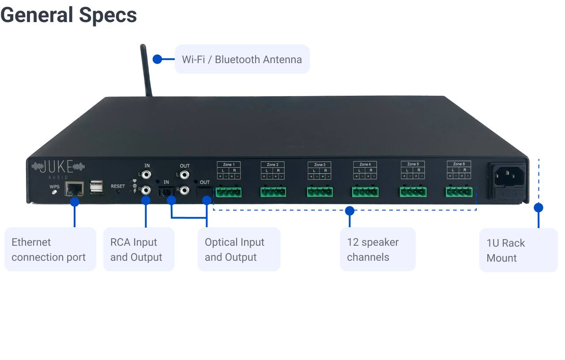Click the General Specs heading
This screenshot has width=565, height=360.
tap(68, 15)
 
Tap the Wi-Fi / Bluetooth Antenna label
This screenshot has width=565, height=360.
tap(242, 59)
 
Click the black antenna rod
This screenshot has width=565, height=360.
tap(146, 71)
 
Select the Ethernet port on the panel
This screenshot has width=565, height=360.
tap(74, 189)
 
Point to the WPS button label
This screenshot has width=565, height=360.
tap(54, 187)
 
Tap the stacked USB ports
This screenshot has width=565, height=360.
tap(96, 187)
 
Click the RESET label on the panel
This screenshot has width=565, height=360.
tap(118, 186)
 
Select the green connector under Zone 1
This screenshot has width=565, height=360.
tap(229, 192)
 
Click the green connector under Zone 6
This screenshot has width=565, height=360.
tap(459, 192)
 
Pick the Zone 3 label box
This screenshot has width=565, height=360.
tap(319, 170)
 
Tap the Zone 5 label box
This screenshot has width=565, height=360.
tap(412, 170)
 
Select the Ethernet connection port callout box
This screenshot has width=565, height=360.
tap(50, 249)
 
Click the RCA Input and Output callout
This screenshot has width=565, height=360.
tap(139, 249)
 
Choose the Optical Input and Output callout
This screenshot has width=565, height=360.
tap(239, 249)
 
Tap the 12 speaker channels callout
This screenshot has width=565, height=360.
tap(377, 249)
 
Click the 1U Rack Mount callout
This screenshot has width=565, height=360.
tap(518, 250)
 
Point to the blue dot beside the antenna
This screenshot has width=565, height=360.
tap(157, 59)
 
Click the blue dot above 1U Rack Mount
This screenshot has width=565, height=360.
tap(538, 207)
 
